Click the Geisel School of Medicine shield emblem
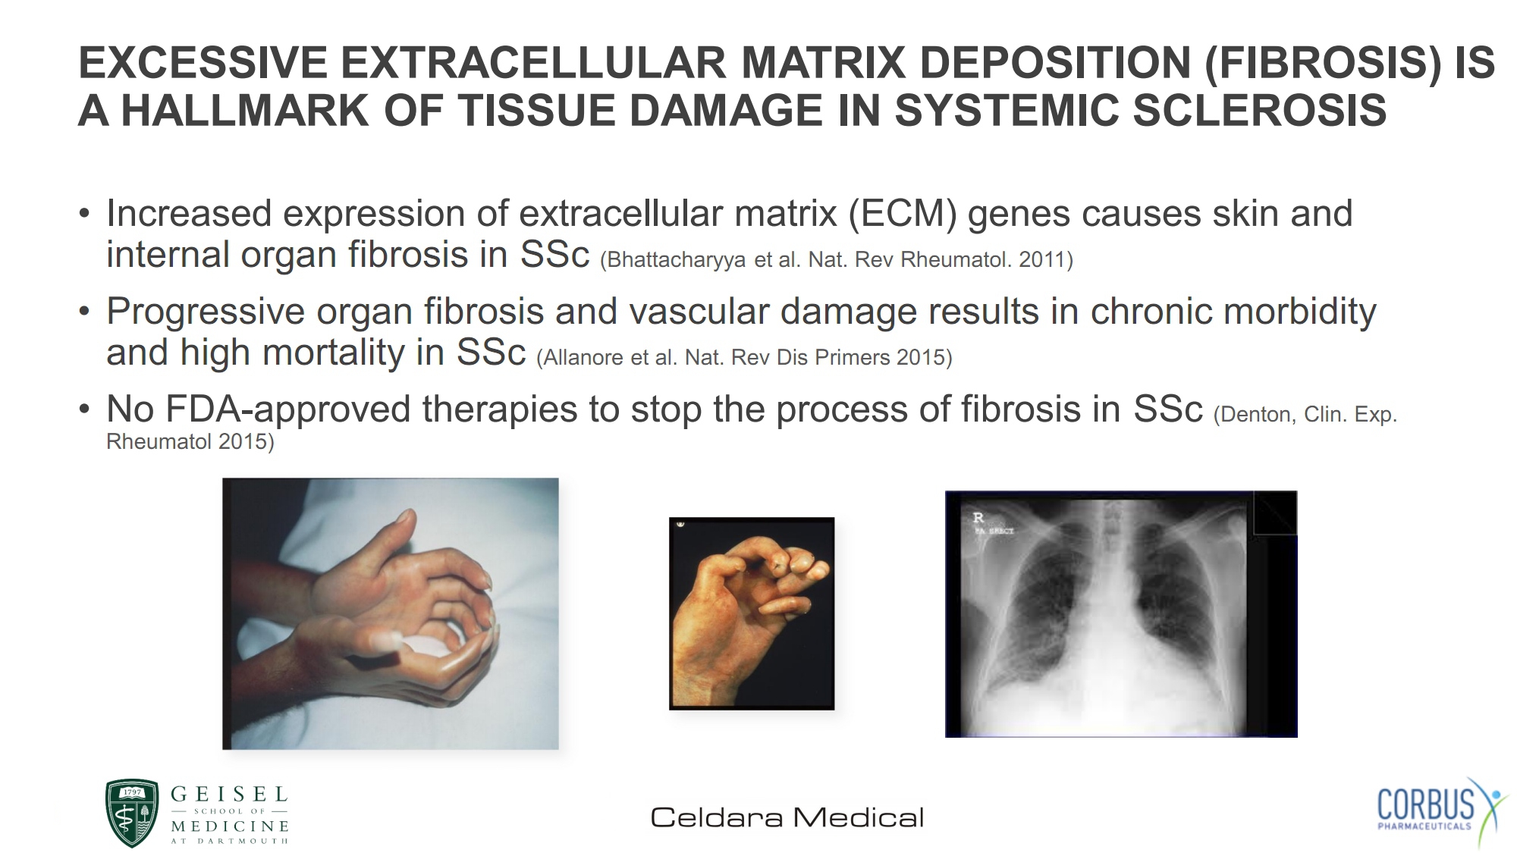pos(132,813)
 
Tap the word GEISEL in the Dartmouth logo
pos(229,795)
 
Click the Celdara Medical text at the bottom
pos(787,817)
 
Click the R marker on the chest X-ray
pos(978,517)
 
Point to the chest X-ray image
pos(1121,614)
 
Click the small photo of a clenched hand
pos(752,613)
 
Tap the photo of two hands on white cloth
pos(391,613)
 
